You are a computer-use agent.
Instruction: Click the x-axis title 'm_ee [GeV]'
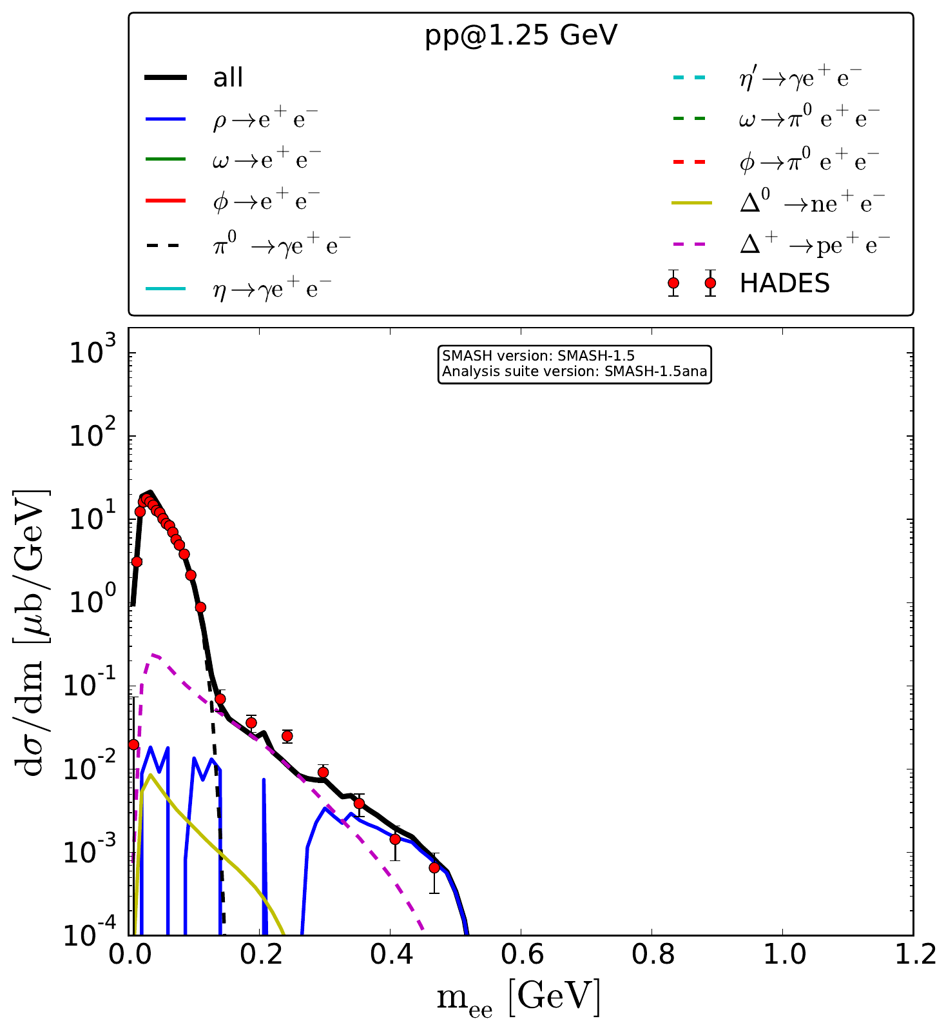[518, 998]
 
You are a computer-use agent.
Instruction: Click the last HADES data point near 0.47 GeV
[434, 868]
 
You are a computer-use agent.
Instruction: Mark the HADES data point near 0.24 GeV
[287, 736]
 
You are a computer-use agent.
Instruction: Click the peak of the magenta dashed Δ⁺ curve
[154, 655]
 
